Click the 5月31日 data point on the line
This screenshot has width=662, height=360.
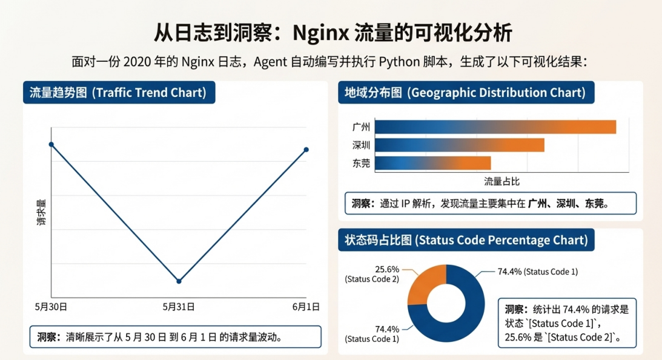point(179,281)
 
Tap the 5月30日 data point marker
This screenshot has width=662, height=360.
point(51,144)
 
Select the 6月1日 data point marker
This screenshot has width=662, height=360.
point(306,149)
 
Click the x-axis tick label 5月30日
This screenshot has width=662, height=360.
point(51,307)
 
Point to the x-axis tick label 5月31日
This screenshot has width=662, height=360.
point(179,307)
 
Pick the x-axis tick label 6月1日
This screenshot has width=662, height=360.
point(306,307)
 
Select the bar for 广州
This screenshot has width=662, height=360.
point(495,127)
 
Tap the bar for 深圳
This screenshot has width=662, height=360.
point(459,145)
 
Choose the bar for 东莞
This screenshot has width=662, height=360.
point(432,163)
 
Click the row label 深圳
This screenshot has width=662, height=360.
point(361,145)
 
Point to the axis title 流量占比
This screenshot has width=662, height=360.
point(502,181)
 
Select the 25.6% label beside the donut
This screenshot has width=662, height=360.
point(387,269)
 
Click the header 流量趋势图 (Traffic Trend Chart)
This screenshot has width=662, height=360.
point(119,93)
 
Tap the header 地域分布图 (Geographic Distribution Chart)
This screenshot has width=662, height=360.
point(465,93)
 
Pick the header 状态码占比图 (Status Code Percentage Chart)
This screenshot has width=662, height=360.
point(466,241)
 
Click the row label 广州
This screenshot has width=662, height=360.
point(361,127)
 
